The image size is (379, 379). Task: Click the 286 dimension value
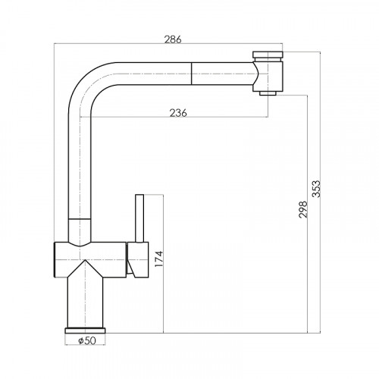coord(173,39)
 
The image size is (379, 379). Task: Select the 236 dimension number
coord(178,113)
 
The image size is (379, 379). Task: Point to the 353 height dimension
coord(316,189)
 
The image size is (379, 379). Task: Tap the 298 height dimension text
coord(303,209)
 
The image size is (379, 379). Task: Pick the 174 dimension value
coord(159,259)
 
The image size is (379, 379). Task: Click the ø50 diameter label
coord(87,341)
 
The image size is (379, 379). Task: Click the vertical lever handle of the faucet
coord(139,218)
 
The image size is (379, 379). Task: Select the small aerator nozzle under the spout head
coord(268,93)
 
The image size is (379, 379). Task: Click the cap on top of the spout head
coord(268,55)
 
